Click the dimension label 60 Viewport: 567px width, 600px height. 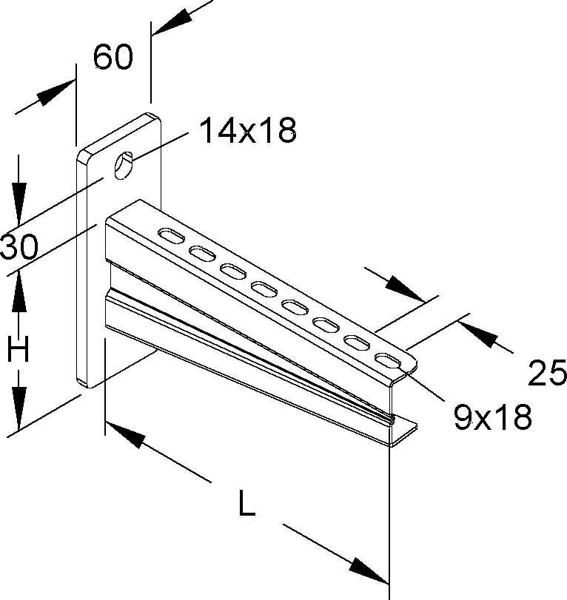113,57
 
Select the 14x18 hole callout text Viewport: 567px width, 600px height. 249,130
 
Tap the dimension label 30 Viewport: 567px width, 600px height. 19,247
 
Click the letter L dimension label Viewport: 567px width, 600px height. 246,503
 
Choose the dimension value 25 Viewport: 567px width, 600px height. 547,372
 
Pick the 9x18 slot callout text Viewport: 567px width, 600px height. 493,417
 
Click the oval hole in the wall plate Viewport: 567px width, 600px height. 124,165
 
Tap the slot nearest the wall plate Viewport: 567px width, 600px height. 171,235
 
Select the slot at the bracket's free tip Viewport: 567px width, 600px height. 388,360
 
